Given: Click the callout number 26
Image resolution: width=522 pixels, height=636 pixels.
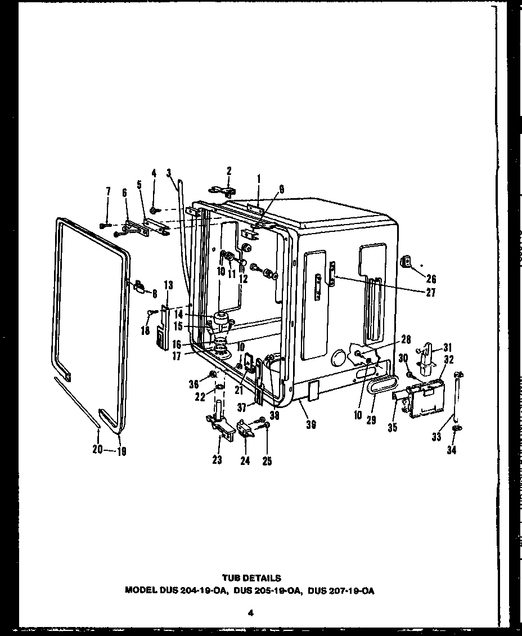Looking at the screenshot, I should pos(431,279).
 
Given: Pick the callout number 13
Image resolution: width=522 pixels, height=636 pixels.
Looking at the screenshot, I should pos(168,285).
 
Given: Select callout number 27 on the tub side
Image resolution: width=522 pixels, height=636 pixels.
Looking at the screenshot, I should pos(431,292).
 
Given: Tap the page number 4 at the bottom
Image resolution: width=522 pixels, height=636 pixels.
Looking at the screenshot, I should pos(251,613).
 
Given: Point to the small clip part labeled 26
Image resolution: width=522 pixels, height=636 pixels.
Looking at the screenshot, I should pos(406,262).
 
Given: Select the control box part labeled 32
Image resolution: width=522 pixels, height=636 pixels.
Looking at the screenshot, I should pos(425,398).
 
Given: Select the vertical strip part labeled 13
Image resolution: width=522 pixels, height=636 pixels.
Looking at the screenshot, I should pos(163,329).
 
